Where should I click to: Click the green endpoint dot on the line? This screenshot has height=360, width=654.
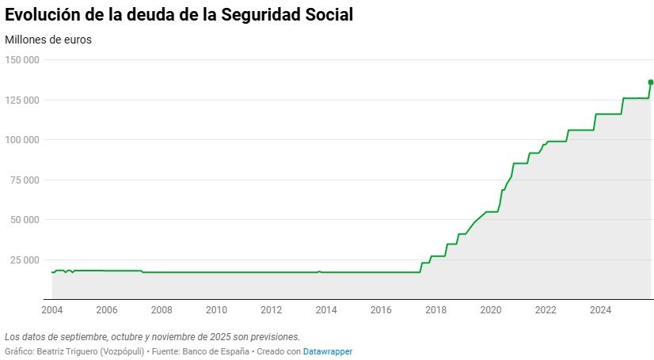[x=650, y=81]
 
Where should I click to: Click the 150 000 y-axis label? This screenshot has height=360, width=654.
[x=22, y=59]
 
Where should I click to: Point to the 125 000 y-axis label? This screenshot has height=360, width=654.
[x=22, y=100]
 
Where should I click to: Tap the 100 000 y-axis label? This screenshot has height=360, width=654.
[x=22, y=139]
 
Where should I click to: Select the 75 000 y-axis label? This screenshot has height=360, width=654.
[x=25, y=180]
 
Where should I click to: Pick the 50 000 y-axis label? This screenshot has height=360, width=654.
[x=25, y=219]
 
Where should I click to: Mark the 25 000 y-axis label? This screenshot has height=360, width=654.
[x=25, y=260]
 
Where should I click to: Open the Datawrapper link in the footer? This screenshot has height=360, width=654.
[x=327, y=351]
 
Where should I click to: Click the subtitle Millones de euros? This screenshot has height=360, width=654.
[x=48, y=40]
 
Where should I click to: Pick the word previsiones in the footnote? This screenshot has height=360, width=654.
[x=272, y=336]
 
